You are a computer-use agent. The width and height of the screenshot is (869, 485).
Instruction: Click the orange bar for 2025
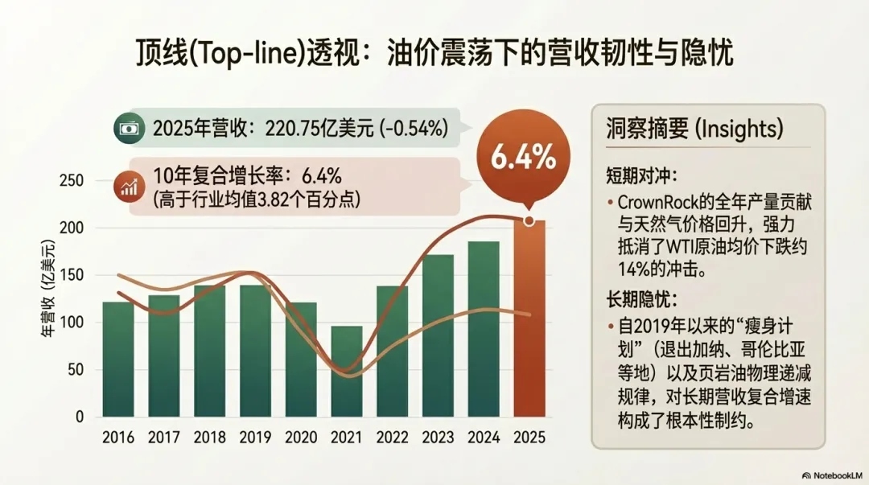(x=529, y=322)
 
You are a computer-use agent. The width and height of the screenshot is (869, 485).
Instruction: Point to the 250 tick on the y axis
(x=72, y=181)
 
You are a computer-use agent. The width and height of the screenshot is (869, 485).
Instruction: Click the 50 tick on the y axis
(x=76, y=370)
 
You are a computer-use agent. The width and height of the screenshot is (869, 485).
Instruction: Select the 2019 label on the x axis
(x=256, y=438)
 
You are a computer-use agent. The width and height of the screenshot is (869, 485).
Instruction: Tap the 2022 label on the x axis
(x=393, y=438)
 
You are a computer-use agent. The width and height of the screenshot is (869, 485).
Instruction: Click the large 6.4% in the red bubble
(x=523, y=158)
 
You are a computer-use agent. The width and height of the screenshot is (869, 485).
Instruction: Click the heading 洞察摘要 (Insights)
(x=694, y=130)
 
